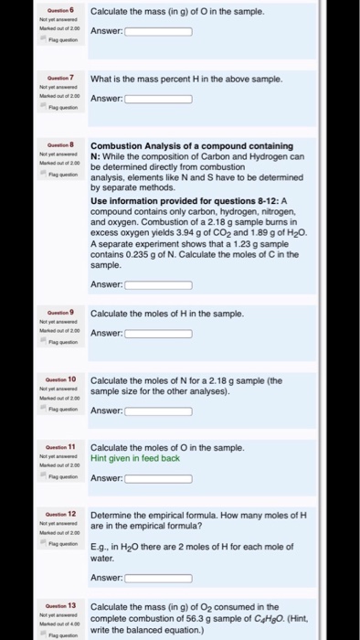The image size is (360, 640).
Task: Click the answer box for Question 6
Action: tap(158, 32)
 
